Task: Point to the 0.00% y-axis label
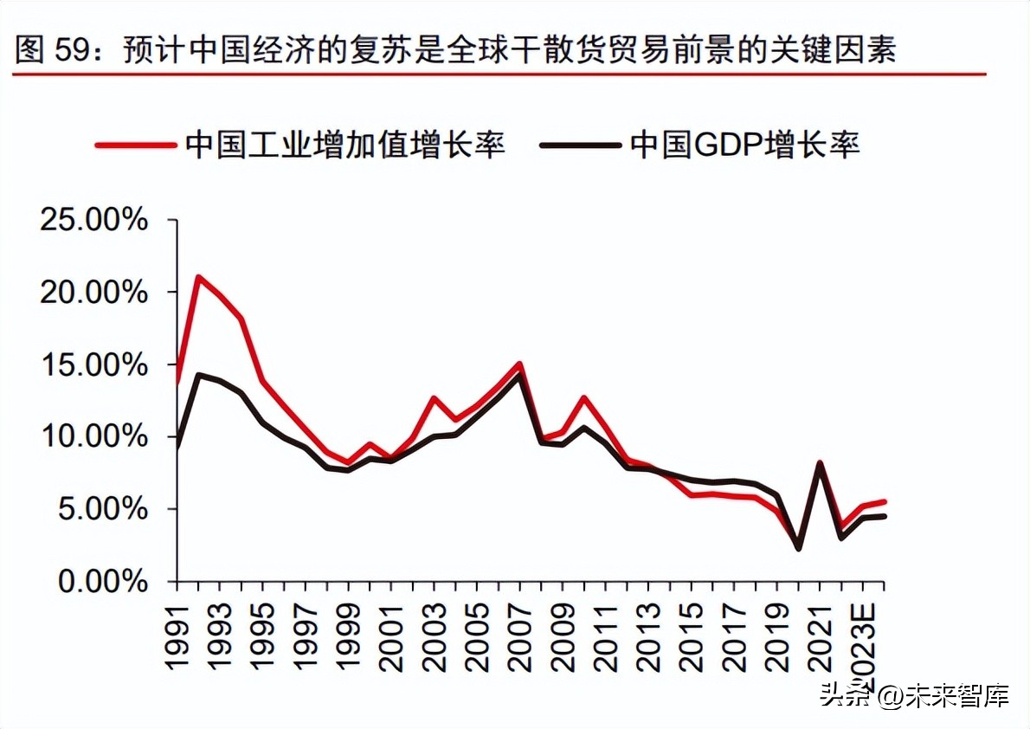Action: (102, 582)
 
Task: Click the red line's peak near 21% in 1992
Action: (198, 278)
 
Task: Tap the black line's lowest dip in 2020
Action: (798, 548)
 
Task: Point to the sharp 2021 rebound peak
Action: (820, 463)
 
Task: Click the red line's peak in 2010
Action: (583, 398)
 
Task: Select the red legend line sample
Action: (134, 145)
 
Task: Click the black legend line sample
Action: (580, 145)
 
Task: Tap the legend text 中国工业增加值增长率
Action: (344, 145)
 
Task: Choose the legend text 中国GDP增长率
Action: (744, 145)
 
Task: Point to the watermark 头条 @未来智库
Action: (914, 696)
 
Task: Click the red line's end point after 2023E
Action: (884, 501)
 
